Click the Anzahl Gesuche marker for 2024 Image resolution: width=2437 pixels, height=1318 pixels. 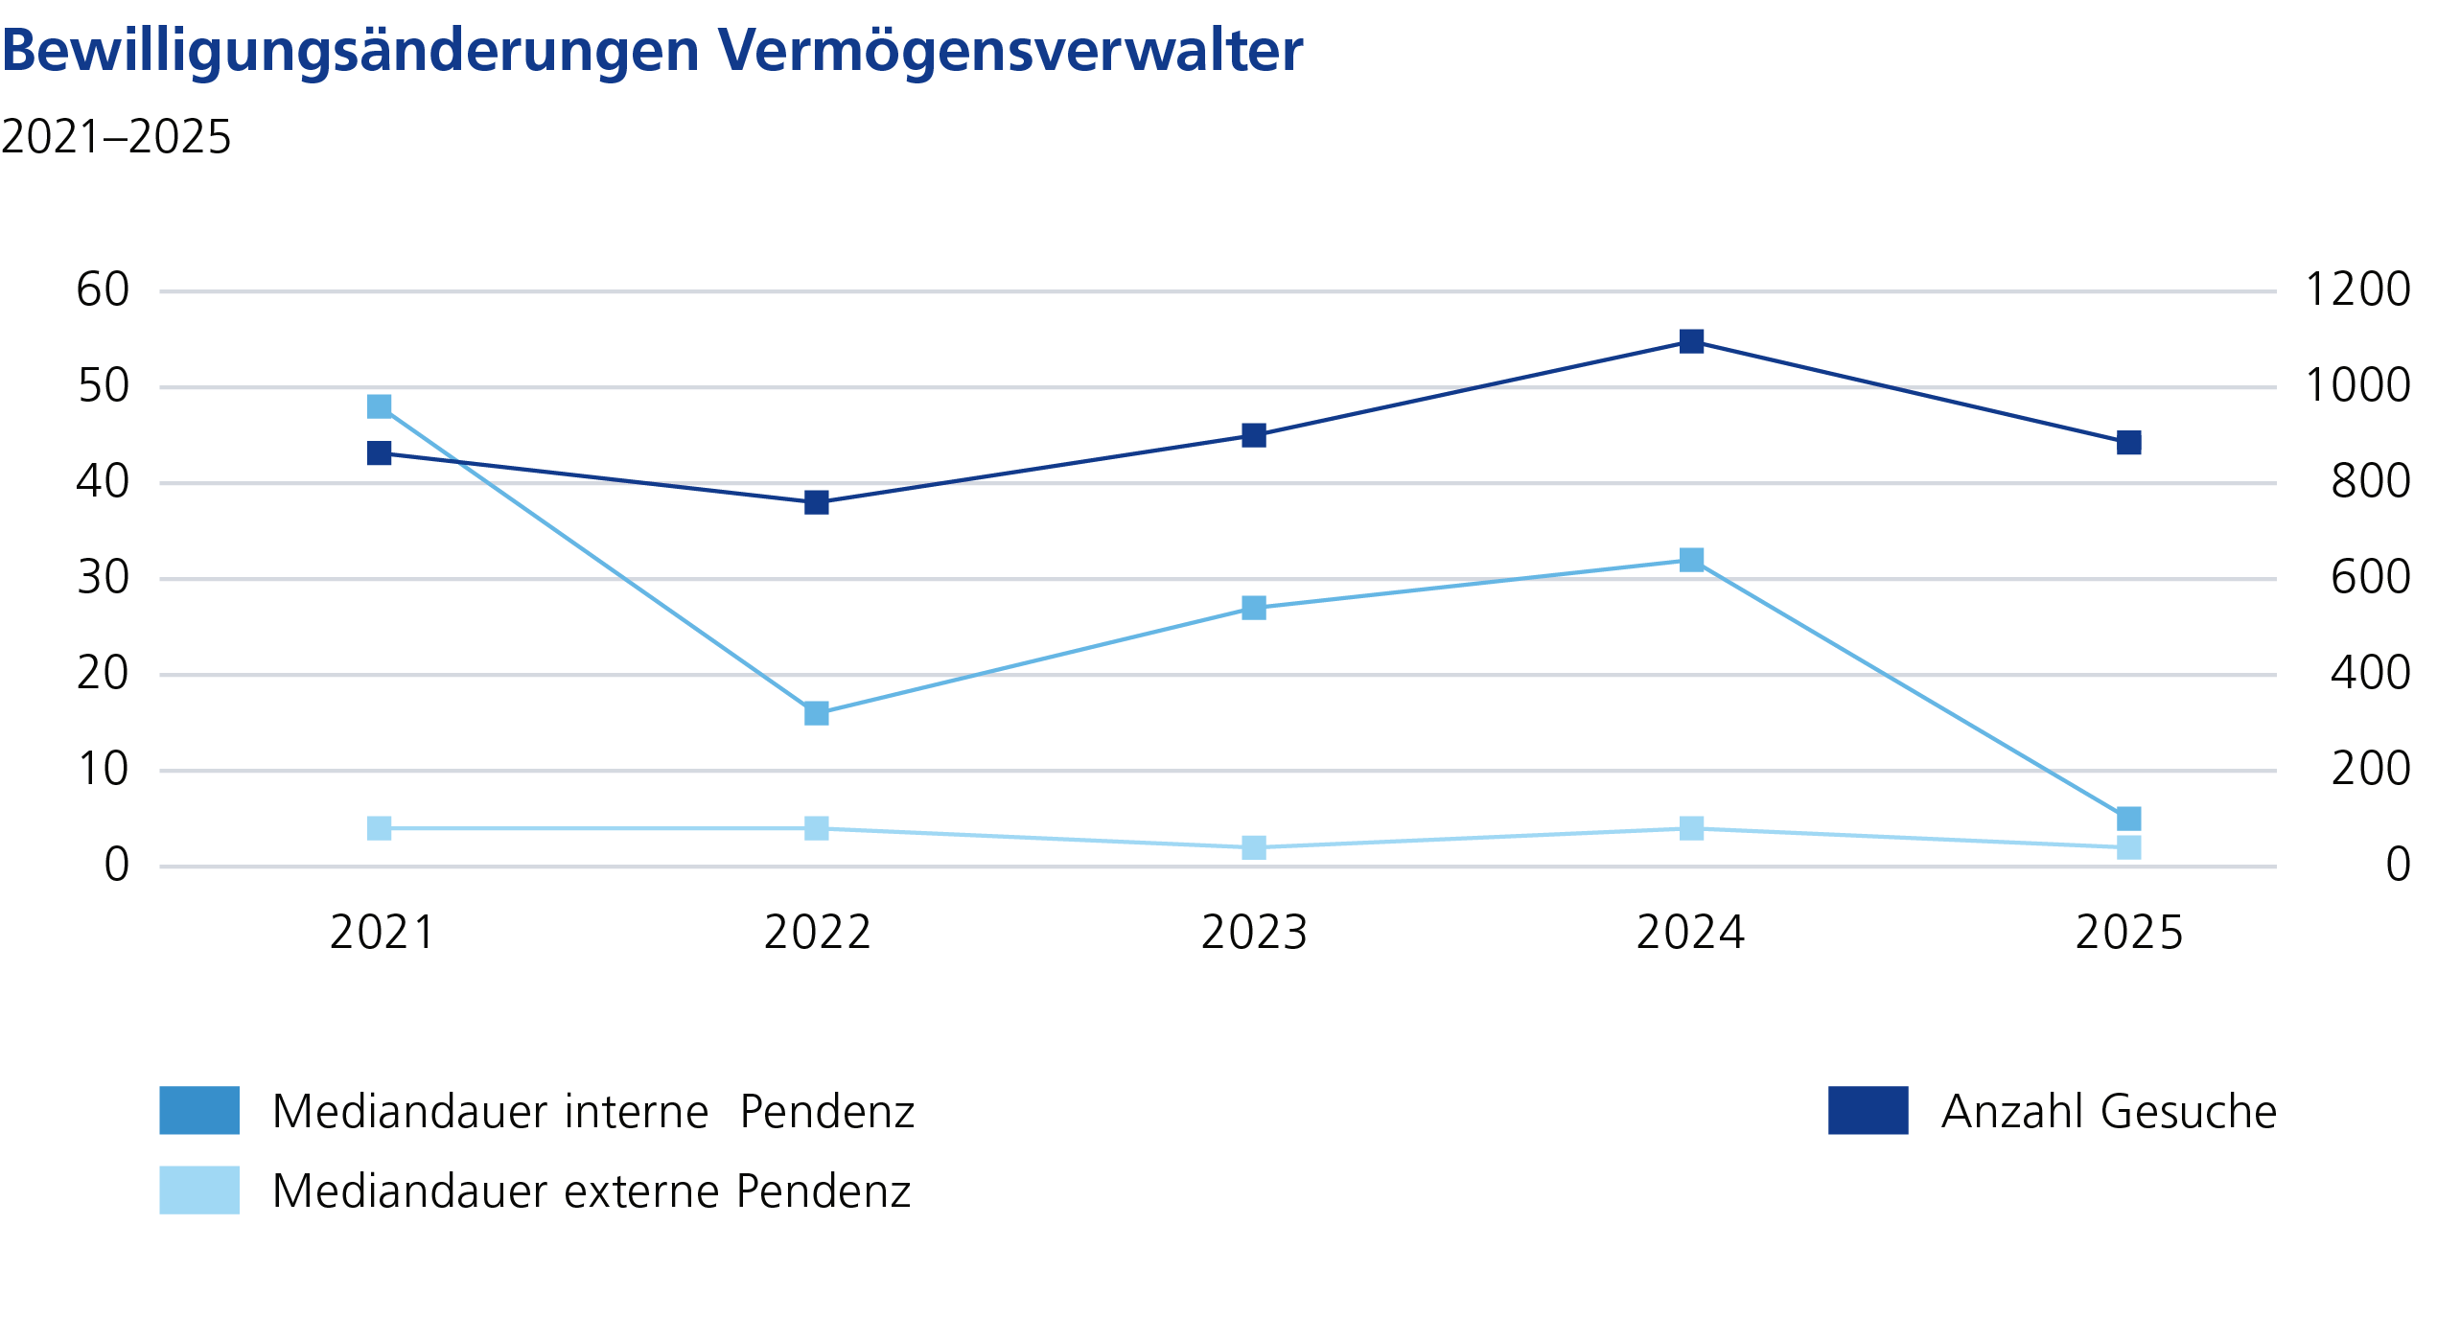pyautogui.click(x=1692, y=341)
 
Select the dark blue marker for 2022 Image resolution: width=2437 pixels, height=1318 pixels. pyautogui.click(x=817, y=502)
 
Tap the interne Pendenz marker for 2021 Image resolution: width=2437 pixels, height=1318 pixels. pyautogui.click(x=380, y=406)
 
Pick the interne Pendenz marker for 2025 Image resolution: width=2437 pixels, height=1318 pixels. pyautogui.click(x=2129, y=819)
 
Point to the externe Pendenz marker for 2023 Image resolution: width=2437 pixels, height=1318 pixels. pyautogui.click(x=1254, y=847)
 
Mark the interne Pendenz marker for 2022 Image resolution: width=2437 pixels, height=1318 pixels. pyautogui.click(x=817, y=713)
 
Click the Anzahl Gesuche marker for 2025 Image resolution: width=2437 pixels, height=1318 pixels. pyautogui.click(x=2129, y=443)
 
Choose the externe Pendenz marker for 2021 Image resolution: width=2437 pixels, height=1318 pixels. pyautogui.click(x=380, y=828)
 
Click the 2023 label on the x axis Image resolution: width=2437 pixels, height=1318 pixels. pyautogui.click(x=1254, y=933)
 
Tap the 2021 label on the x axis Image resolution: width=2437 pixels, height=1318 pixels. pyautogui.click(x=382, y=933)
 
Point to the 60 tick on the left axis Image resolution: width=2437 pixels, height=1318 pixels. pyautogui.click(x=103, y=289)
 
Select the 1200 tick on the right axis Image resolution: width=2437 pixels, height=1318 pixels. pyautogui.click(x=2356, y=289)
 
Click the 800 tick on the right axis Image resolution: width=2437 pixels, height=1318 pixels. pyautogui.click(x=2370, y=481)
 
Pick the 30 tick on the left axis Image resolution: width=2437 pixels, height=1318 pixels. pyautogui.click(x=103, y=577)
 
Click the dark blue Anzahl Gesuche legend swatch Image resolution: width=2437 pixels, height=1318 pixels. pyautogui.click(x=1868, y=1110)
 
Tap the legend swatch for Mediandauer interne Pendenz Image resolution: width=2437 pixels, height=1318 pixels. pyautogui.click(x=199, y=1110)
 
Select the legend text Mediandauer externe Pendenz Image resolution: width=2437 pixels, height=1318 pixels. pyautogui.click(x=591, y=1191)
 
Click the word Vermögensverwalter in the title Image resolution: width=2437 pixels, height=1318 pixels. pyautogui.click(x=1009, y=50)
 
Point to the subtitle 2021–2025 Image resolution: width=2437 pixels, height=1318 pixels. pyautogui.click(x=116, y=137)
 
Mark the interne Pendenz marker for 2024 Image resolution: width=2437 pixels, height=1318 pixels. pyautogui.click(x=1692, y=560)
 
